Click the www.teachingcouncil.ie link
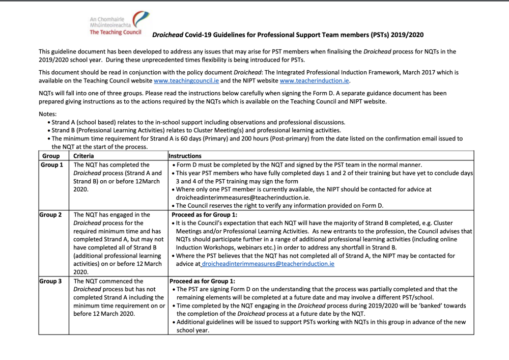186,80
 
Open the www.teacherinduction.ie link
315,80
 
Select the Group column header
50,156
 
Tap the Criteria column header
83,156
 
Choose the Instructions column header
185,156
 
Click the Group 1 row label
51,165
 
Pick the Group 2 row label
51,215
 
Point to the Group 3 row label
51,281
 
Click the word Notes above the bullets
48,114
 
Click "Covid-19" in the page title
200,35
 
